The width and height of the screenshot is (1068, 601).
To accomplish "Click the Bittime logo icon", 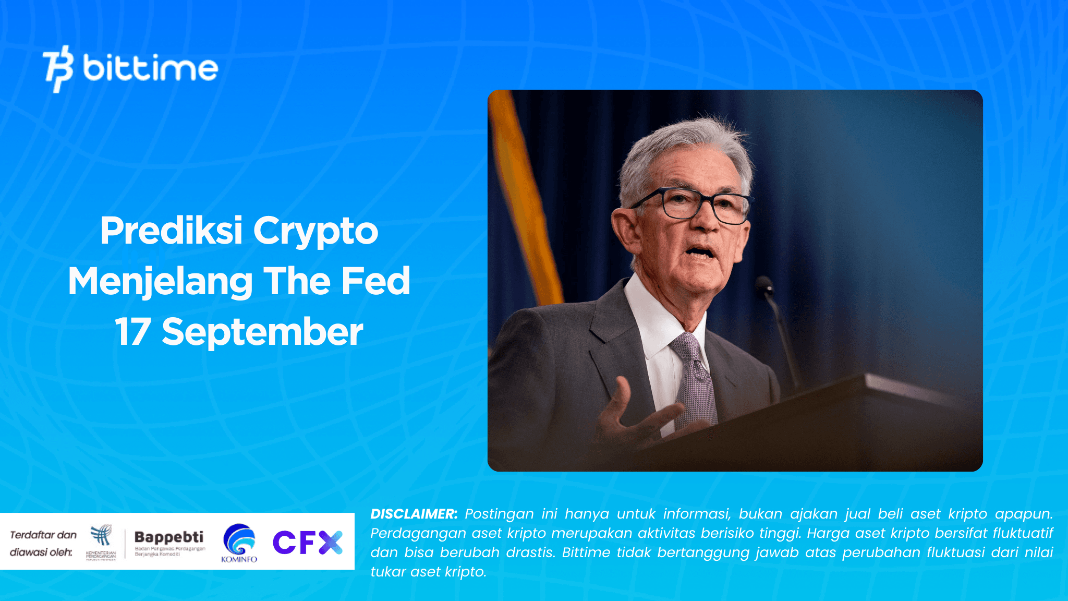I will (58, 69).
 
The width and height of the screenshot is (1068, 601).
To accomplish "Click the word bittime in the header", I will (150, 68).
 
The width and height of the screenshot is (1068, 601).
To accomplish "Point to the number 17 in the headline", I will (132, 332).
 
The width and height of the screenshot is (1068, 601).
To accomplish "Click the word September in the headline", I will (262, 332).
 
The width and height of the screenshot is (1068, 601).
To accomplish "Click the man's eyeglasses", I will (694, 204).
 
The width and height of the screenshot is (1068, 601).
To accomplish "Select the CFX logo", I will (308, 543).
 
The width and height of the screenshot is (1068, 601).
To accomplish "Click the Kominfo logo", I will (239, 543).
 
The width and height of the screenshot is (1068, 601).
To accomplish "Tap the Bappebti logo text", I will (169, 537).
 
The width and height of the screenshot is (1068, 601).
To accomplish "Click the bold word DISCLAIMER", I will (414, 514).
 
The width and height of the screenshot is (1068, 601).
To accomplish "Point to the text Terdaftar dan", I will (43, 535).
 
